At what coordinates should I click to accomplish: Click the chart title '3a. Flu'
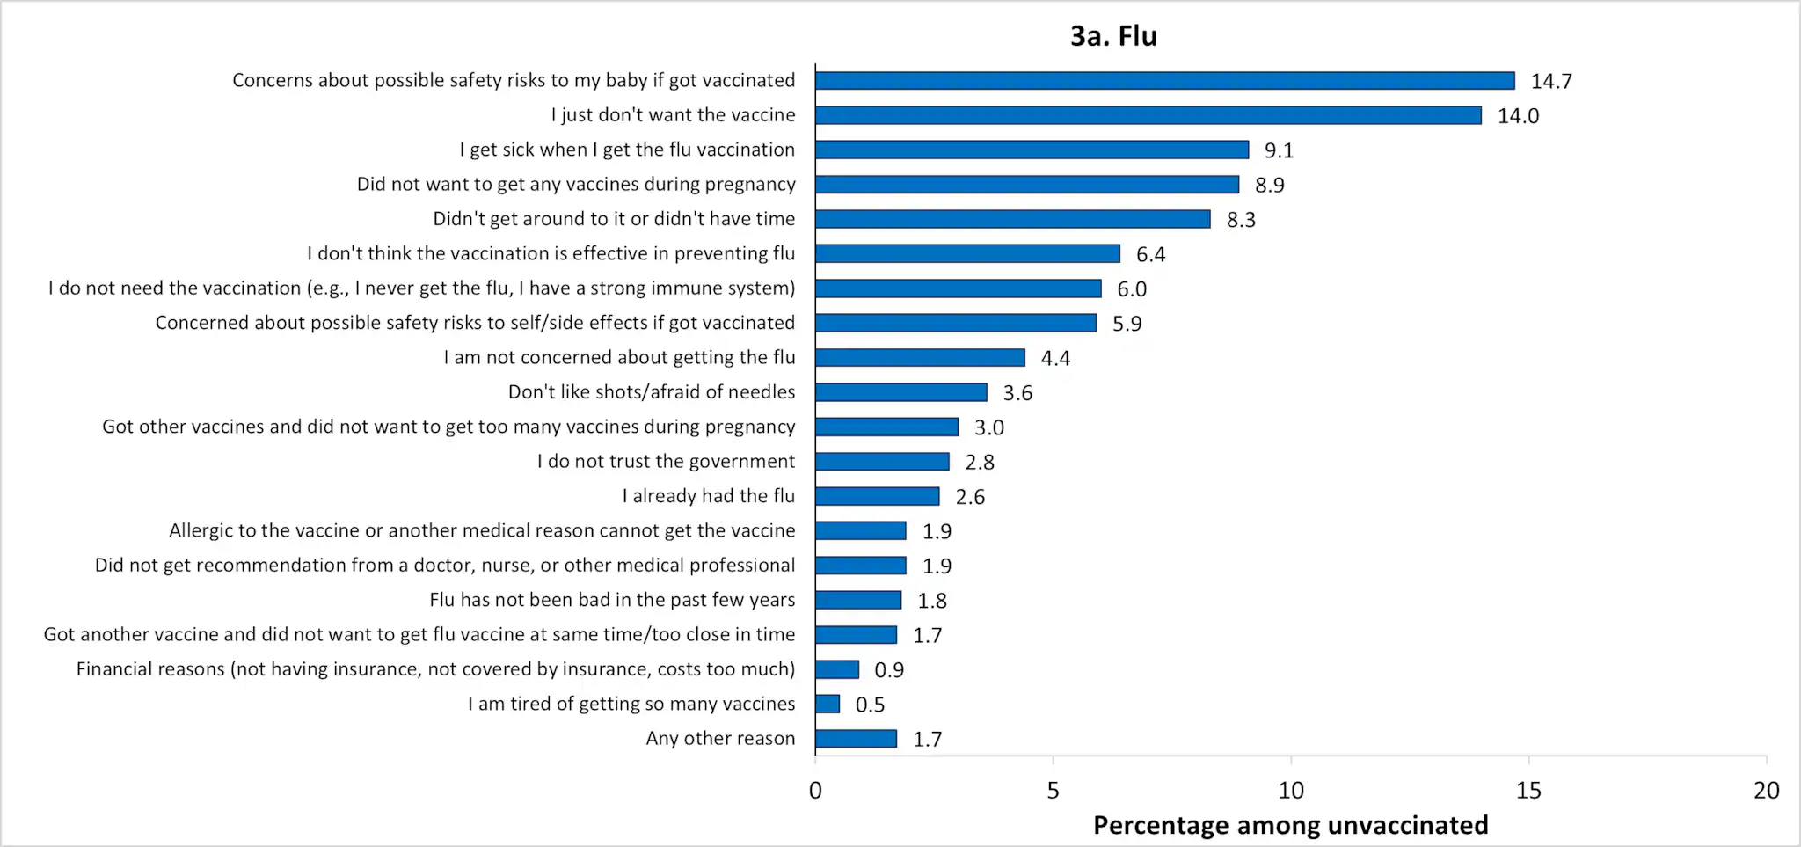tap(1113, 36)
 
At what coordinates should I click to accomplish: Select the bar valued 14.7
tap(1164, 81)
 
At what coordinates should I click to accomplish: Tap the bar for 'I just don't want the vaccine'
tap(1148, 115)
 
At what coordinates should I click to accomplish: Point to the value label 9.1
tap(1279, 150)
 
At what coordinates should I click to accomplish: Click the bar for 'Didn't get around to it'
tap(1012, 219)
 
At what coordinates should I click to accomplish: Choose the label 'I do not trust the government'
tap(666, 462)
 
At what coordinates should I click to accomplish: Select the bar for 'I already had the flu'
tap(877, 496)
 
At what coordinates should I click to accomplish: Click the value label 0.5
tap(870, 705)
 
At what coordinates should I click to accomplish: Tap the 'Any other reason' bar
tap(856, 739)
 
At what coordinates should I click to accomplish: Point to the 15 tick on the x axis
tap(1528, 790)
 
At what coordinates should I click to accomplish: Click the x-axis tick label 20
tap(1766, 790)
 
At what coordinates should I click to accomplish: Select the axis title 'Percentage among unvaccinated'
tap(1290, 826)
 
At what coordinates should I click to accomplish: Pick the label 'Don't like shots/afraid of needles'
tap(652, 392)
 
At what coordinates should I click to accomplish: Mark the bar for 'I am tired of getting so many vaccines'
tap(827, 705)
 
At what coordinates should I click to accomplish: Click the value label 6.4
tap(1150, 254)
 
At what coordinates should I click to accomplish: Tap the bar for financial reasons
tap(836, 669)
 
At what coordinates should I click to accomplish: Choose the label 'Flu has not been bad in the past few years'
tap(612, 600)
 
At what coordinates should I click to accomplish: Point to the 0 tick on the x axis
tap(815, 790)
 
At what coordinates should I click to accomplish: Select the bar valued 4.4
tap(920, 358)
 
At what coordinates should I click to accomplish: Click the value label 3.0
tap(988, 427)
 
